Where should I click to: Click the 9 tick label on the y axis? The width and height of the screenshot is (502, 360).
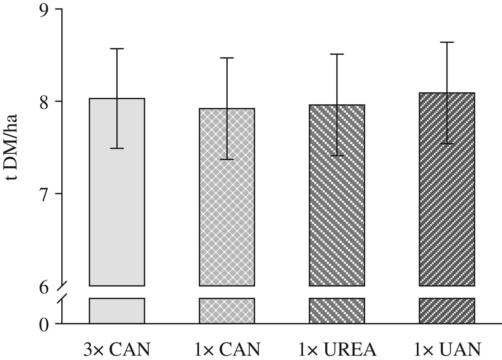coord(44,10)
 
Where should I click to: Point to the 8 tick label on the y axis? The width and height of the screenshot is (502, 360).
coord(44,102)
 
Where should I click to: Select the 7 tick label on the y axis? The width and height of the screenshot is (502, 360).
coord(44,194)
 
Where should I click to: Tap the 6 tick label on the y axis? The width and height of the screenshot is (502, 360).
coord(44,287)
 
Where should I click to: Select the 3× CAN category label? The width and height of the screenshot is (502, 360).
coord(117,349)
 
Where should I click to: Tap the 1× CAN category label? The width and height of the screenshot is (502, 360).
coord(227,349)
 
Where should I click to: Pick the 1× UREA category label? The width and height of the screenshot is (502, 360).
coord(337,349)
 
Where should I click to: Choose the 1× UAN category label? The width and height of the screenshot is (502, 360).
coord(447,349)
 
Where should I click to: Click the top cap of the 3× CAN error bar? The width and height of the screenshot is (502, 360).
coord(117,48)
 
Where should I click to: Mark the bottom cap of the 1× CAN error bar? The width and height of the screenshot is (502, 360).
coord(227,159)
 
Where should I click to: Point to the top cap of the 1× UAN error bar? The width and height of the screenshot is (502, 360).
coord(447,42)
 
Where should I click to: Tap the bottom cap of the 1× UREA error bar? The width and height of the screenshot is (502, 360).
coord(337,156)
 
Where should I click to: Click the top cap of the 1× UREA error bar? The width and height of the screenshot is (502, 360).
coord(337,54)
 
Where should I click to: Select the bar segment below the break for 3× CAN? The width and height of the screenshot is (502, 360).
coord(117,311)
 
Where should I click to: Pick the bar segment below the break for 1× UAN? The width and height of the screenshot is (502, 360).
coord(447,311)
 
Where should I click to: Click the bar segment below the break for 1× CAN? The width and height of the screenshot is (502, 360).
coord(227,311)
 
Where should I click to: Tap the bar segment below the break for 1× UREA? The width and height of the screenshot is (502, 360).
coord(337,311)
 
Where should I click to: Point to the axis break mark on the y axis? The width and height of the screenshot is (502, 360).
coord(62,292)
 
